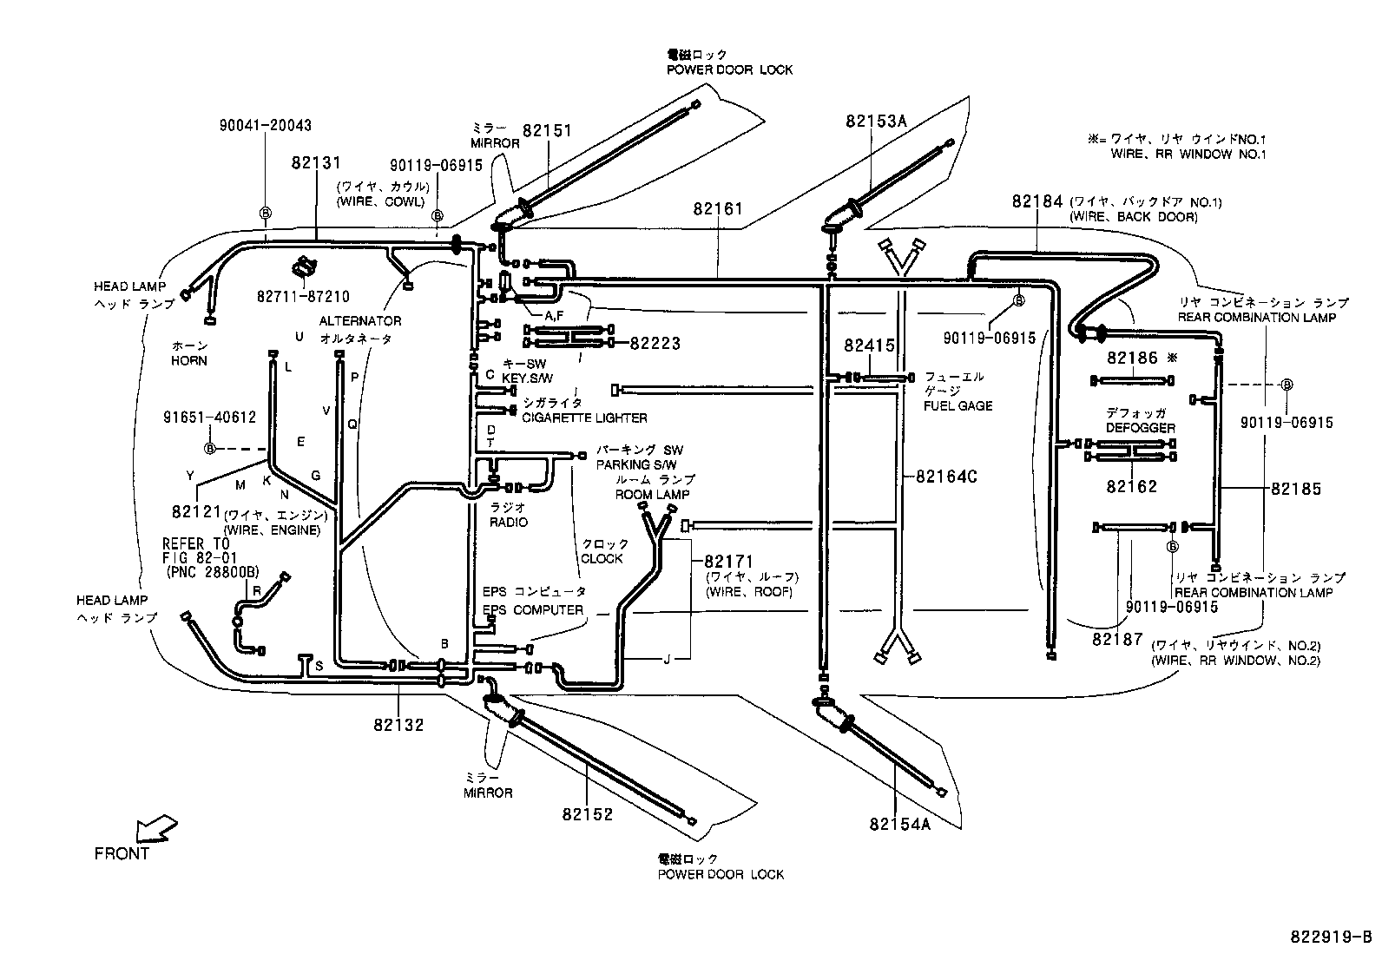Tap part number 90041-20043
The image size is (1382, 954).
click(265, 126)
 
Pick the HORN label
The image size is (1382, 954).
click(188, 360)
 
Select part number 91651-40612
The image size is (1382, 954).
click(209, 417)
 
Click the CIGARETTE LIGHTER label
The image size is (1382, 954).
click(584, 418)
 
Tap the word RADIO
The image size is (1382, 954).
click(508, 523)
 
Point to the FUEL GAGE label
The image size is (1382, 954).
click(958, 405)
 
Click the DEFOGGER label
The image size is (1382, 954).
click(1140, 428)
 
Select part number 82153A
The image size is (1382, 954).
click(876, 122)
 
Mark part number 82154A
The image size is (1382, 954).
click(899, 824)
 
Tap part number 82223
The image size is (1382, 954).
click(655, 344)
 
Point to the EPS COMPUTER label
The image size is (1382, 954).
click(533, 609)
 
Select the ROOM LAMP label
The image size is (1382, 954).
click(652, 494)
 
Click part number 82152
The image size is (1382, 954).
click(587, 814)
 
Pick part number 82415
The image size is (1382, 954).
click(869, 345)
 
